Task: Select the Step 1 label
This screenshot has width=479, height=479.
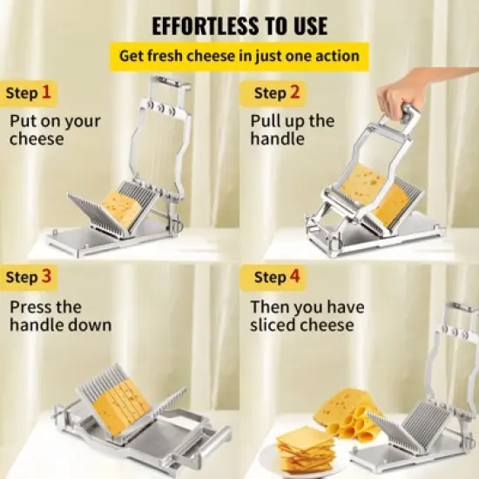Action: (x=28, y=92)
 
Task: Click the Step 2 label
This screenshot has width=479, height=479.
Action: (x=276, y=92)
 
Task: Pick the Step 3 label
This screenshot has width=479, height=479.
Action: (x=28, y=278)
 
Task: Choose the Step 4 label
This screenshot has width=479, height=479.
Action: (x=276, y=278)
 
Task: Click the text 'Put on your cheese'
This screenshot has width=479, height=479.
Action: (x=54, y=130)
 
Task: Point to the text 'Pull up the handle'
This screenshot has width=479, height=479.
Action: (x=291, y=130)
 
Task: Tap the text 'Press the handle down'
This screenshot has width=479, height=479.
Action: (x=60, y=316)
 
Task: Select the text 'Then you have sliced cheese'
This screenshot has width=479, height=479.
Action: (x=307, y=316)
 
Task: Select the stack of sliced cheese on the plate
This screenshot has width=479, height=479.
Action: (x=305, y=449)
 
